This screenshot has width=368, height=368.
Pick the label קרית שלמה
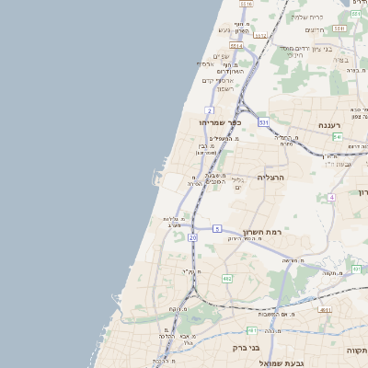307,17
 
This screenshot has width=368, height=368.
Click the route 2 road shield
210,109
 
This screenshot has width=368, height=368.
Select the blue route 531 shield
264,121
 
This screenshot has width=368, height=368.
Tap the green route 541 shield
338,136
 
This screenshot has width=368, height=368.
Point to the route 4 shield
331,197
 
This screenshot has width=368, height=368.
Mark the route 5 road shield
217,227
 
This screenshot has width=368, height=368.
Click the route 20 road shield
192,237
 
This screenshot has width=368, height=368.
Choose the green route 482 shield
227,277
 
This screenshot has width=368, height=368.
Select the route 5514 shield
236,44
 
